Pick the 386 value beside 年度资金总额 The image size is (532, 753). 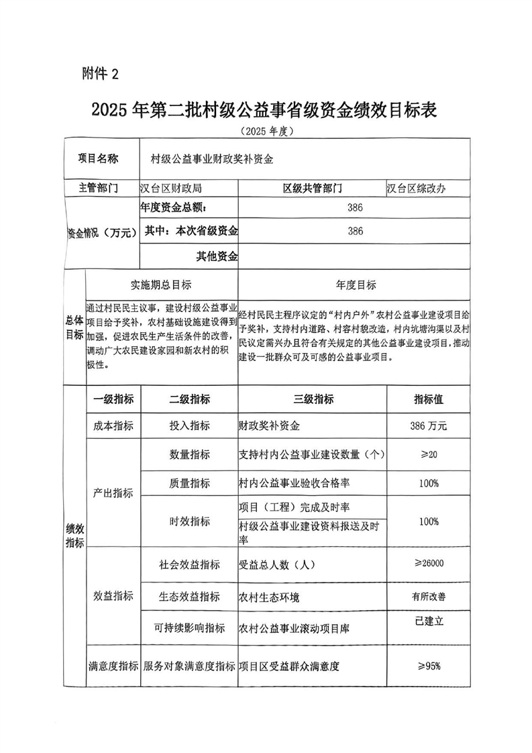[x=355, y=208]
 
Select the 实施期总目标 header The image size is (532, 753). [x=161, y=285]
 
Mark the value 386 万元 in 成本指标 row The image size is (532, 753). [x=429, y=426]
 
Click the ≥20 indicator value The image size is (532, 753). [x=429, y=455]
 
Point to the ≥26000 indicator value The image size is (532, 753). [x=429, y=564]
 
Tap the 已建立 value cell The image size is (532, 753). [x=429, y=621]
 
